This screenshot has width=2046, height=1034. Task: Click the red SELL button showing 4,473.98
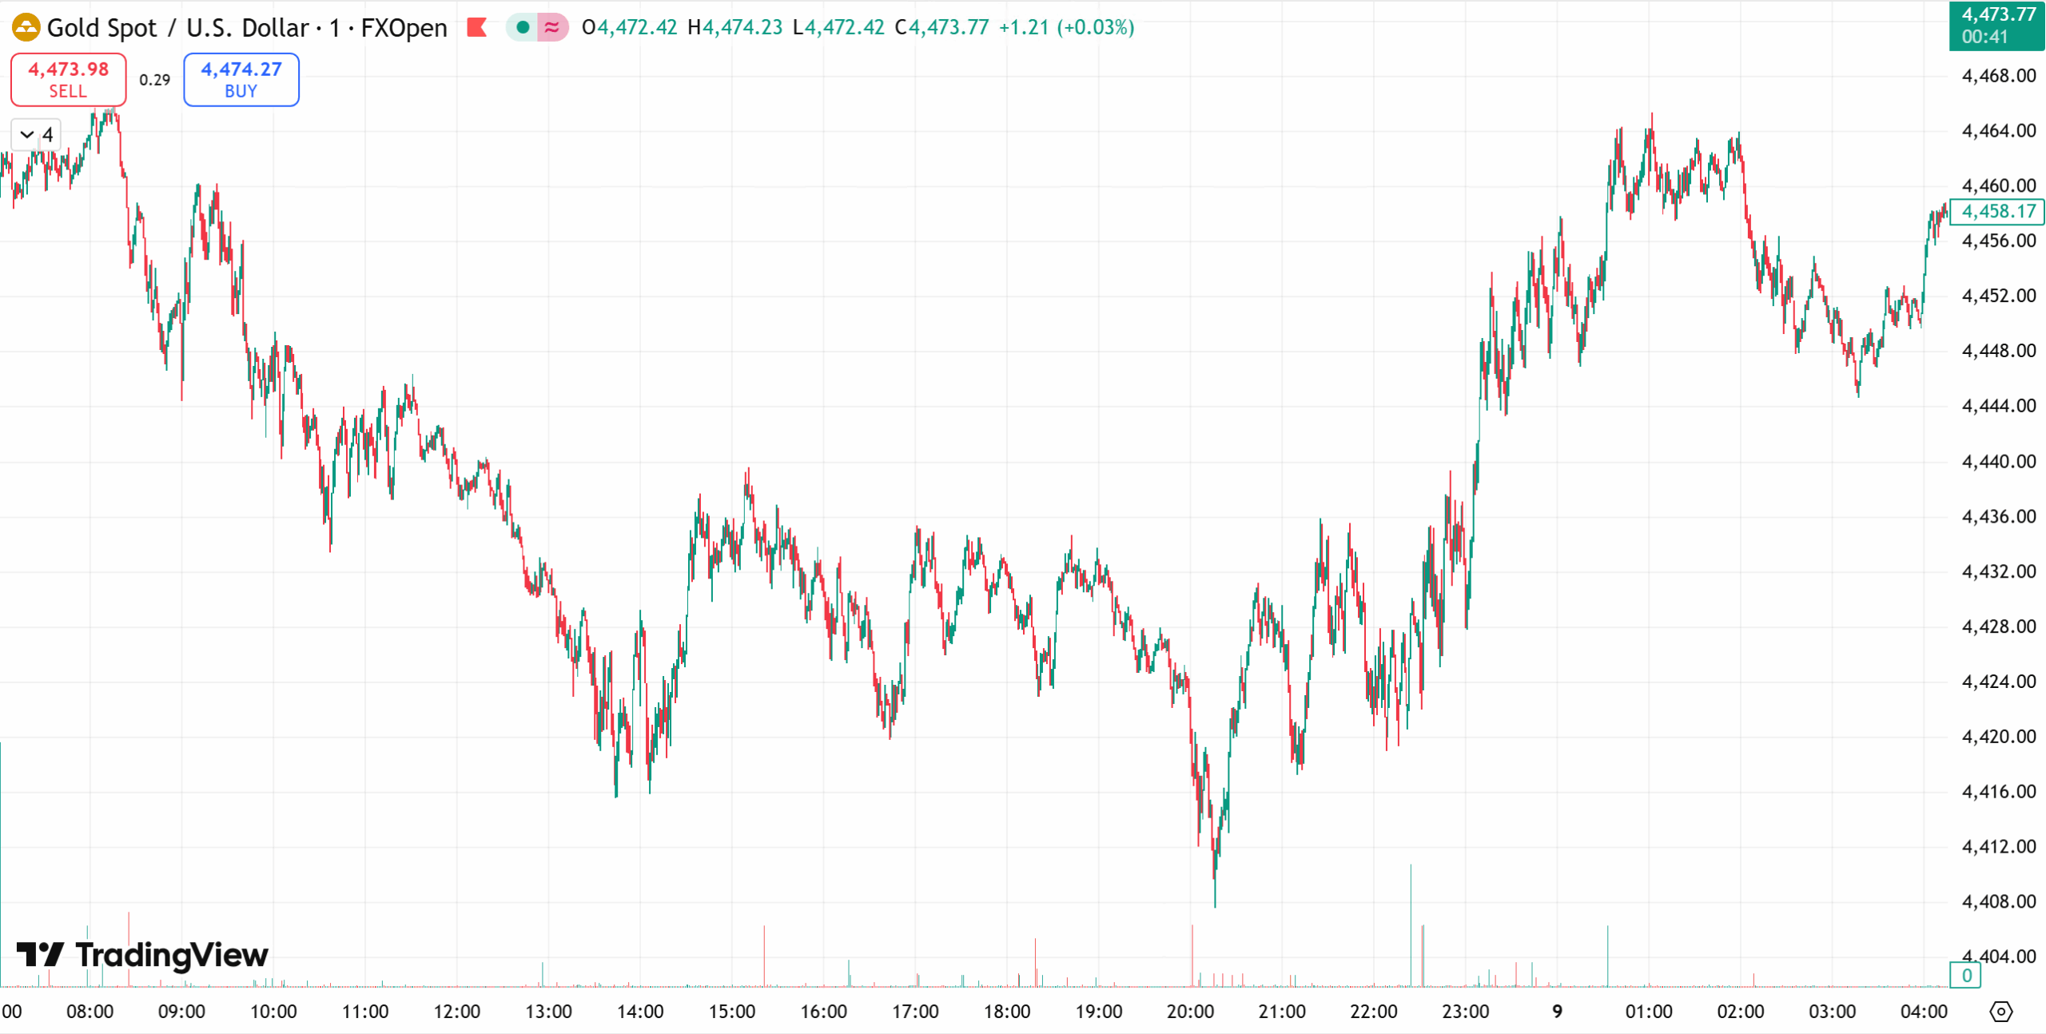[68, 79]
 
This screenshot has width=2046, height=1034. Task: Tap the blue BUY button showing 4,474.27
[241, 79]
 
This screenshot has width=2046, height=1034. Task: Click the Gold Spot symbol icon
[26, 27]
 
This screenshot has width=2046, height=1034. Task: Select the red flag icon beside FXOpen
[477, 27]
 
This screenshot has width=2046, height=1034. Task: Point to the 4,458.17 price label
[1997, 212]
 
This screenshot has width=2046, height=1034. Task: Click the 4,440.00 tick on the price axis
[1998, 461]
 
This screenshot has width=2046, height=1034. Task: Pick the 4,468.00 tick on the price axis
[1998, 76]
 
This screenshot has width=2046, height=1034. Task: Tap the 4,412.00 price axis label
[1998, 846]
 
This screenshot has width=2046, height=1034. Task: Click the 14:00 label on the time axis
[640, 1012]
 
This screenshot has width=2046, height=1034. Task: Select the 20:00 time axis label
[1190, 1012]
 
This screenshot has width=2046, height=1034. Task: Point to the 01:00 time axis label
[1649, 1012]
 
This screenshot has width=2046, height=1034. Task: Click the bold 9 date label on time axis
[1557, 1012]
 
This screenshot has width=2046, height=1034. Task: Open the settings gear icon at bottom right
[2000, 1012]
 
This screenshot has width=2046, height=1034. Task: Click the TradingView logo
[142, 955]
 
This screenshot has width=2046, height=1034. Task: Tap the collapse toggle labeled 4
[37, 134]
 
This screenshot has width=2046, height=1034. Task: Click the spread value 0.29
[154, 80]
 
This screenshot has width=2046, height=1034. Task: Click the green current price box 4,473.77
[1997, 26]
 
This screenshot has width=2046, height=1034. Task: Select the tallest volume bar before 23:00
[1411, 919]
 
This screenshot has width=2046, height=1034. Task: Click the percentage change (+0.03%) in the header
[1095, 27]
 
